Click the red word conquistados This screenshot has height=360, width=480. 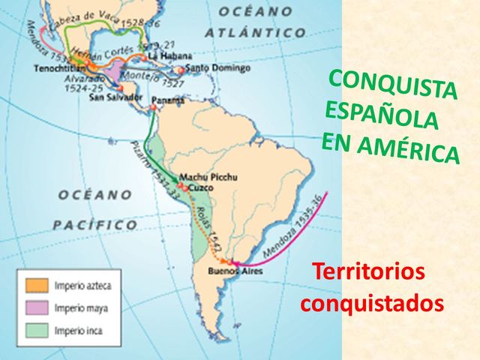pyautogui.click(x=371, y=304)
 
